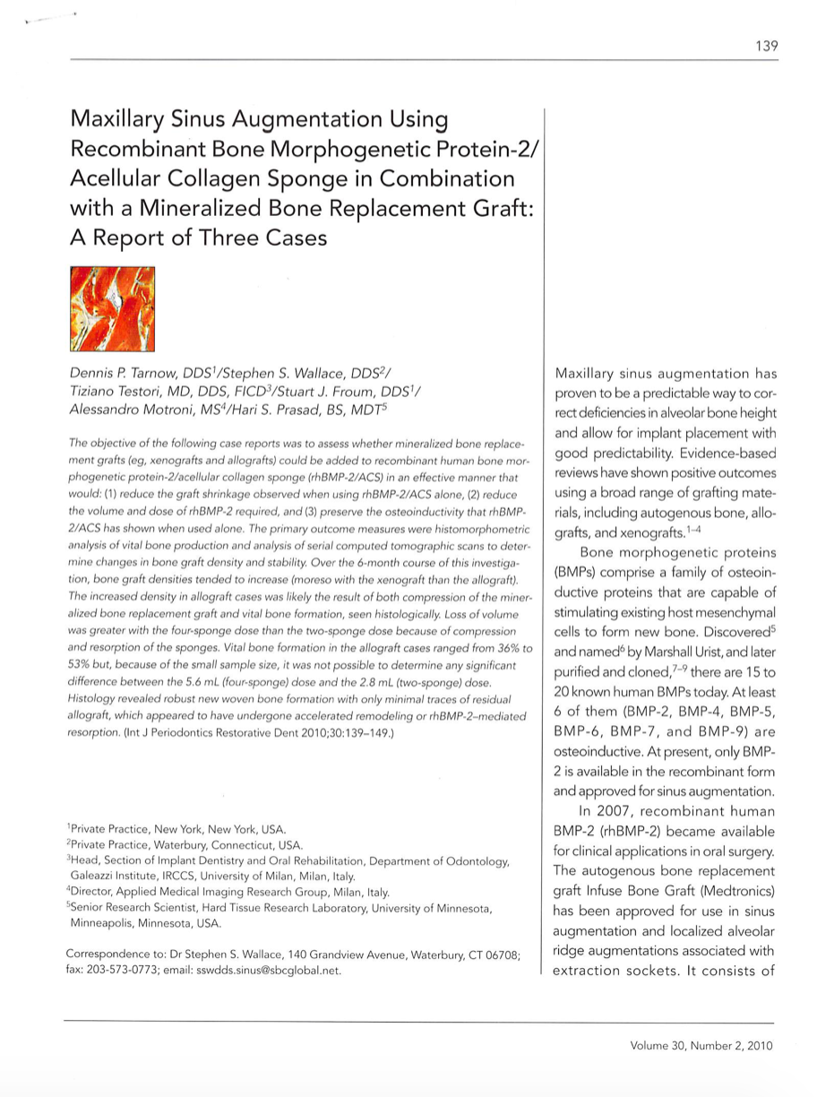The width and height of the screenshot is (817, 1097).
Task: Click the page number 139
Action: (766, 46)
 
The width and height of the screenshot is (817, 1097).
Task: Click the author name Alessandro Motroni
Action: (143, 409)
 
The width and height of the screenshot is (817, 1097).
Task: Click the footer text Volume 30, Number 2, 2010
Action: (701, 1045)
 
